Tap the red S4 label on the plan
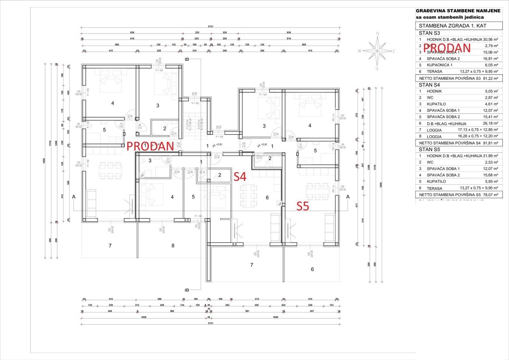[x=240, y=176]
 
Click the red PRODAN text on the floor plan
[x=150, y=146]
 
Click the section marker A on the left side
[x=74, y=197]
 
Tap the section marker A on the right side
[x=347, y=197]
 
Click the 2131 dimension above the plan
[x=211, y=26]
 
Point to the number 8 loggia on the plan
[x=173, y=245]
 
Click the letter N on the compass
[x=377, y=33]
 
